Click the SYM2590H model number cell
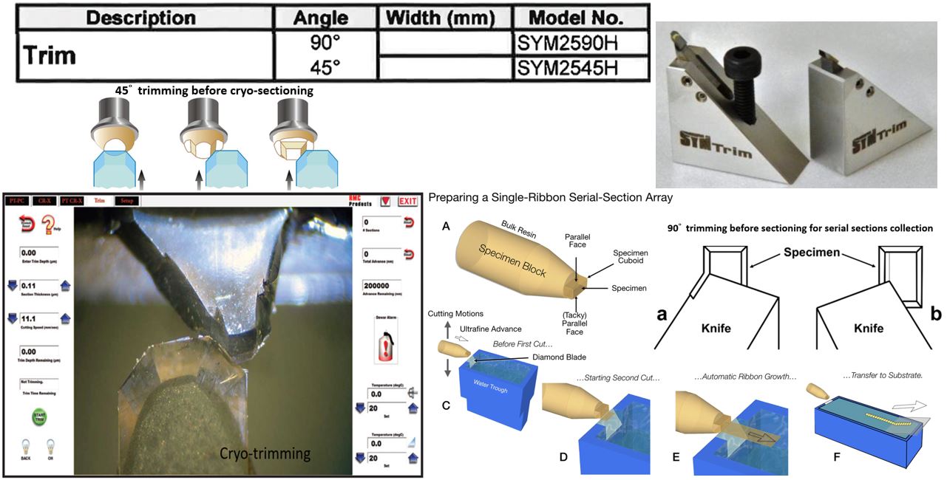[x=567, y=43]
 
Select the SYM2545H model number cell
[x=567, y=68]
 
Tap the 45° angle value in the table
[x=325, y=68]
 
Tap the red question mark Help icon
[x=50, y=224]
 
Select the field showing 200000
[x=381, y=286]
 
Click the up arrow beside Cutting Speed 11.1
[x=65, y=318]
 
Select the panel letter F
[x=836, y=457]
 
